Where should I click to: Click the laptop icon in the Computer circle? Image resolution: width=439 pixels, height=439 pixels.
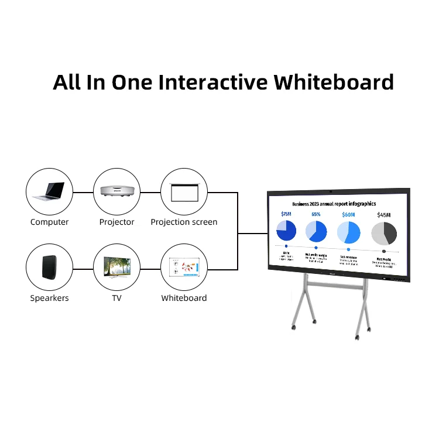tap(49, 191)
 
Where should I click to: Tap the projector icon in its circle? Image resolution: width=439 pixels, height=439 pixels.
tap(116, 191)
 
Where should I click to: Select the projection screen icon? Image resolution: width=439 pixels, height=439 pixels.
tap(184, 191)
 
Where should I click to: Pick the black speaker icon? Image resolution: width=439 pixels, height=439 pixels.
tap(49, 267)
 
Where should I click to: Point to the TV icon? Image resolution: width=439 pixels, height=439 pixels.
tap(116, 267)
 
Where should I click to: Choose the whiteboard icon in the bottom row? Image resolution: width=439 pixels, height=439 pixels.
tap(184, 267)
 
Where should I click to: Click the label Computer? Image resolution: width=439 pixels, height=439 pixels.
tap(49, 222)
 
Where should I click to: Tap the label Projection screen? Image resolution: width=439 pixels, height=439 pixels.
tap(184, 222)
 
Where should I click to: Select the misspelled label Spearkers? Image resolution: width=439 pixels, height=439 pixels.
tap(49, 298)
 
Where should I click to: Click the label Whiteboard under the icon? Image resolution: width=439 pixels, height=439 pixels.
tap(184, 298)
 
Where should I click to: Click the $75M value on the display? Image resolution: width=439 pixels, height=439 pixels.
tap(286, 214)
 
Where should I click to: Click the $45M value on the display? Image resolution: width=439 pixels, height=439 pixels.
tap(384, 215)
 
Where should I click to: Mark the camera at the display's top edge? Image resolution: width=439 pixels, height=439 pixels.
tap(332, 191)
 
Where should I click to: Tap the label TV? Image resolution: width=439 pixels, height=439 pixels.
tap(116, 298)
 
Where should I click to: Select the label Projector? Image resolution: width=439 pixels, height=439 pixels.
tap(116, 222)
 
